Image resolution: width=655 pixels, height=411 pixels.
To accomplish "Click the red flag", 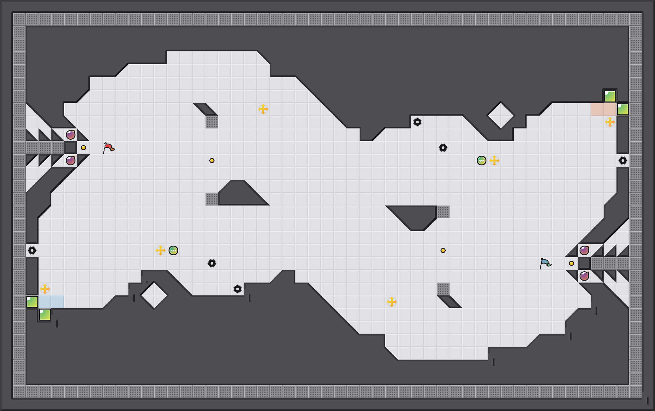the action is (109, 148).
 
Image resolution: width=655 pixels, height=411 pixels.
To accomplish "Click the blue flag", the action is (545, 263).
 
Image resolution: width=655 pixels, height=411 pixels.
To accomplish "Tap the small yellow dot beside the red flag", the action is (83, 148).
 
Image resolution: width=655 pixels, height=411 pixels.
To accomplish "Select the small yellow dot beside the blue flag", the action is (572, 263).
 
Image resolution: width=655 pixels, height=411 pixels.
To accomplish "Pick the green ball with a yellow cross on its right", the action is (481, 161).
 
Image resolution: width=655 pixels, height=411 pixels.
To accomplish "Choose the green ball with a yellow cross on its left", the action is (173, 250).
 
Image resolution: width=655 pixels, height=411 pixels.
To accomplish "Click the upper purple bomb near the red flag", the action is (71, 135).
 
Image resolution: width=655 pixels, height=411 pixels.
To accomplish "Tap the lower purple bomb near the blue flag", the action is (584, 276).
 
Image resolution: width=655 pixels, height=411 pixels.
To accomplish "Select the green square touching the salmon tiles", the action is (623, 109).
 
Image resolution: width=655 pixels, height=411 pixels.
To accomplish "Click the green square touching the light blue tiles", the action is (32, 302).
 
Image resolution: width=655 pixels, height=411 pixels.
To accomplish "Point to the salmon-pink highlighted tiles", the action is (603, 109).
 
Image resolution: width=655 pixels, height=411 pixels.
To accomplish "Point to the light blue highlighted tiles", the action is (51, 302).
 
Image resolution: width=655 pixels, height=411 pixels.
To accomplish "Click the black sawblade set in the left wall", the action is (32, 250).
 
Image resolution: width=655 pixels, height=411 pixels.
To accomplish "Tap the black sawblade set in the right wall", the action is (623, 161).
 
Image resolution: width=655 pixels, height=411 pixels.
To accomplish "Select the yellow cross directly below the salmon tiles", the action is (610, 122).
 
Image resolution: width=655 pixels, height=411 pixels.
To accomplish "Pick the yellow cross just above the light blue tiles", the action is (45, 289).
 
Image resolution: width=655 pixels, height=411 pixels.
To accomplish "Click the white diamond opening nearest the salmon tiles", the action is (501, 116).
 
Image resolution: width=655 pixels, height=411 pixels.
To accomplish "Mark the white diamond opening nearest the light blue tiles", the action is (154, 295).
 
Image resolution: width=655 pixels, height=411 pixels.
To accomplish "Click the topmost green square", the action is (610, 96).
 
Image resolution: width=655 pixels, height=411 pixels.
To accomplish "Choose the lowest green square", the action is (45, 315).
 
